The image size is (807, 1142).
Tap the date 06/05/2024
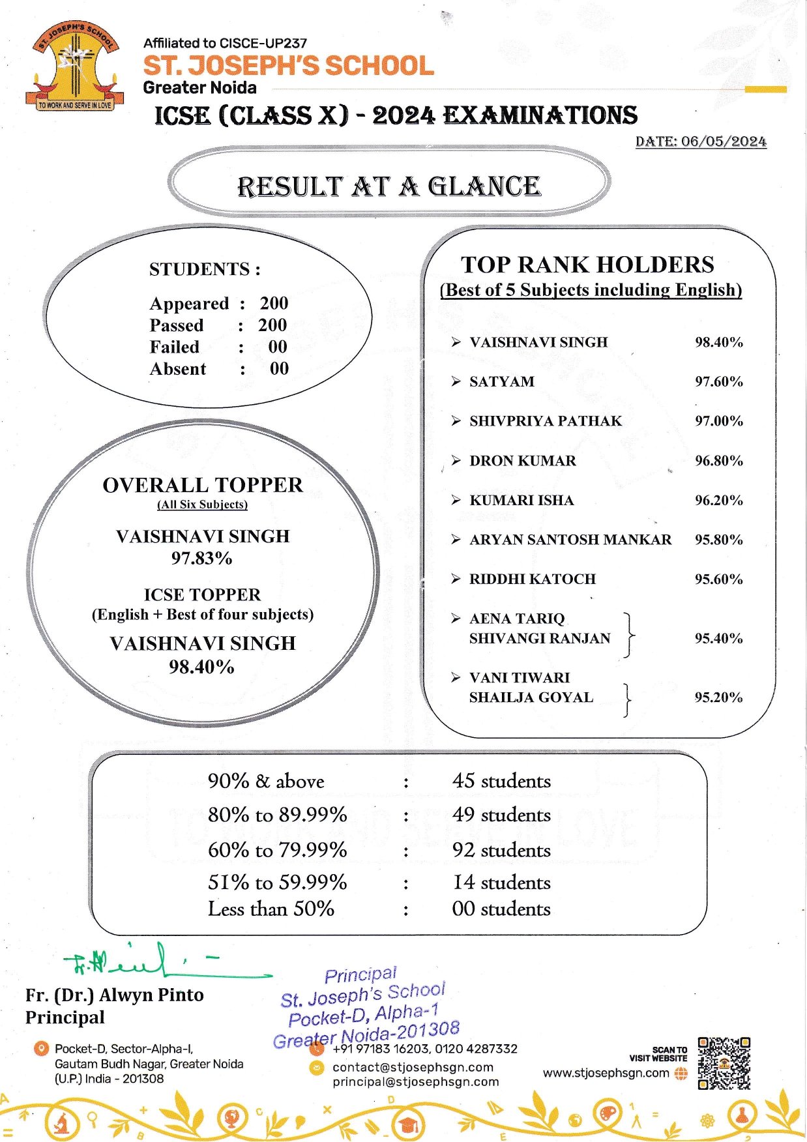pos(724,141)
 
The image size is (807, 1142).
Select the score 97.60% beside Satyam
pos(718,381)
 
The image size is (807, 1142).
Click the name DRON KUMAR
pos(522,461)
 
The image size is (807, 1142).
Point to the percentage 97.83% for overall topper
pos(201,558)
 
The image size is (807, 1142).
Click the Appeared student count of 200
pos(274,303)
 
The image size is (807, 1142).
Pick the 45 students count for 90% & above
pos(501,781)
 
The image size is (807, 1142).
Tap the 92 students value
pos(501,850)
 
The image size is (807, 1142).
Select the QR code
pos(724,1063)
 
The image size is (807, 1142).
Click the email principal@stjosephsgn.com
pos(415,1081)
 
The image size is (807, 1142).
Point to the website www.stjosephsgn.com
pos(606,1072)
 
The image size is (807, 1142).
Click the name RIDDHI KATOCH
pos(532,579)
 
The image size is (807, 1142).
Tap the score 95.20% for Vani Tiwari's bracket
pos(718,697)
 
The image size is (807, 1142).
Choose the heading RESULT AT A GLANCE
pos(389,186)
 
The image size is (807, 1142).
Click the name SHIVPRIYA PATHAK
pos(545,421)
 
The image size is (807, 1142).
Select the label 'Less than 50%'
pos(271,909)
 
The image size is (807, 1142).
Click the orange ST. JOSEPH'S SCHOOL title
pos(288,66)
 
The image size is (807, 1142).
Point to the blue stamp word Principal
pos(360,974)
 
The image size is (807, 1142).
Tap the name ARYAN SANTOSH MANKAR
pos(570,540)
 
